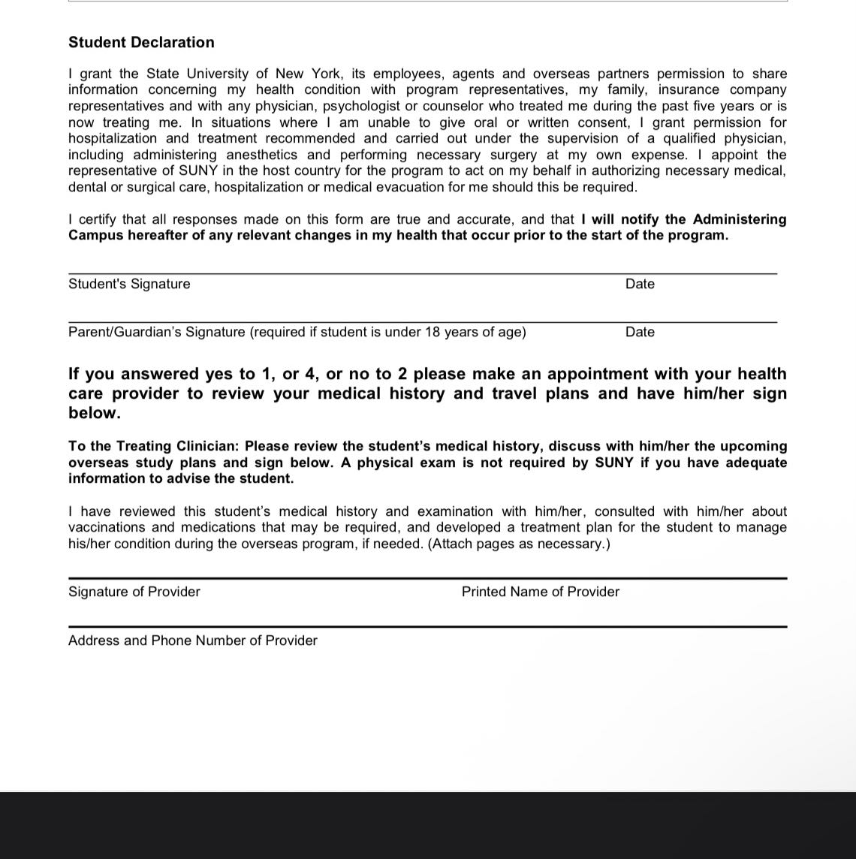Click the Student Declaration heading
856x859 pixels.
(141, 43)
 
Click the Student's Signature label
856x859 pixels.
(129, 284)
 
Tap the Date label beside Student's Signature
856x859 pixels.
(640, 284)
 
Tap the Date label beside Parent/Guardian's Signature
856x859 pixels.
(640, 332)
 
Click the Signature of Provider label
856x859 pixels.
(134, 592)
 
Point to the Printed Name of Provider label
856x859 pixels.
(541, 592)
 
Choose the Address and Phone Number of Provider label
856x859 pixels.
(193, 640)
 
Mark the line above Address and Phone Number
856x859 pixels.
(427, 626)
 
